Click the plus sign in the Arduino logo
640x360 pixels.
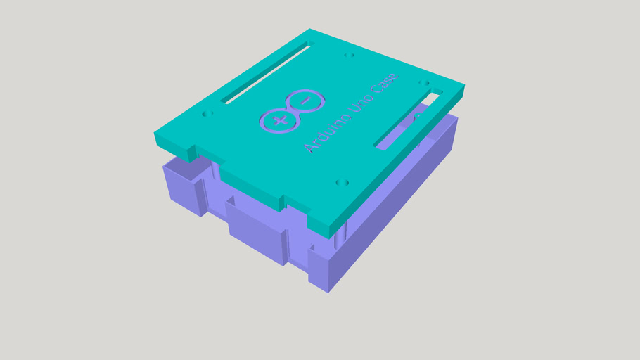click(278, 121)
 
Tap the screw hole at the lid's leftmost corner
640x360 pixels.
click(207, 113)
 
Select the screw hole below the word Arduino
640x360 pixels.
click(343, 183)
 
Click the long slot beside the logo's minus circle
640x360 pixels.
click(267, 74)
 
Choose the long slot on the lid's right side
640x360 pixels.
click(408, 120)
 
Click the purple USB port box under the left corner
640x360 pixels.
click(184, 184)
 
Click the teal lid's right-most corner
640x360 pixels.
click(463, 89)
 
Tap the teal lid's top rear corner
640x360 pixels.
click(310, 30)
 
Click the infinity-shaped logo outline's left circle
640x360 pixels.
click(279, 121)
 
